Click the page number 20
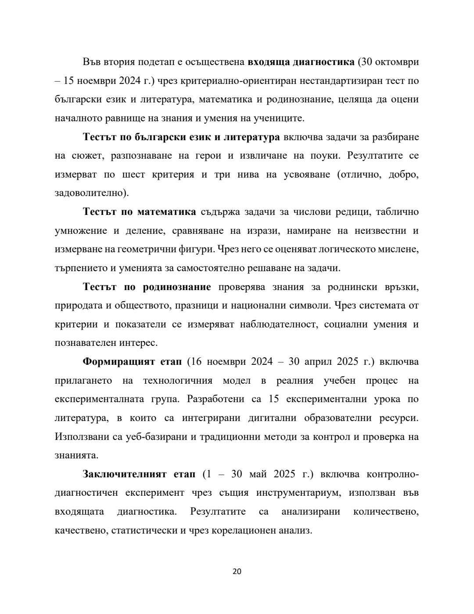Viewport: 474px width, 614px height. [x=237, y=571]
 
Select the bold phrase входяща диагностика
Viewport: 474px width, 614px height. [x=301, y=62]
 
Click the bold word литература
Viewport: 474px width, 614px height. [x=252, y=137]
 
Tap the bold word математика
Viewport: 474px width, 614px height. [x=167, y=212]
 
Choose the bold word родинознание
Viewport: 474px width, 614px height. [x=177, y=287]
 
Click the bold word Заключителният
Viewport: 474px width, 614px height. [x=124, y=474]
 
